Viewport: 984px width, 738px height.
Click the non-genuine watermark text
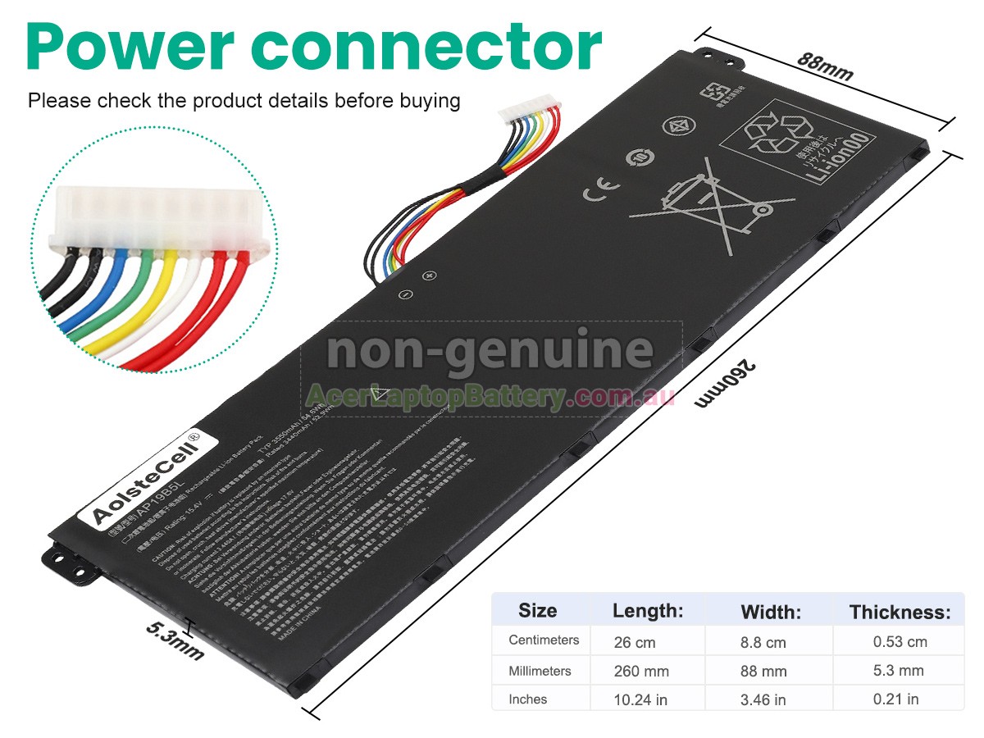490,351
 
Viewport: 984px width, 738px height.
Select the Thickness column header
900,612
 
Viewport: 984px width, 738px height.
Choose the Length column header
648,611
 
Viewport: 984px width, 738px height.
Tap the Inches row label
528,699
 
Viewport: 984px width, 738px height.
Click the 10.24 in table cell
640,699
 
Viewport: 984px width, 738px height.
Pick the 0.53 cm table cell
900,641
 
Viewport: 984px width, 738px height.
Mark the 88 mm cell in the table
763,671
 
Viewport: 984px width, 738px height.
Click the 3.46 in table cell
763,699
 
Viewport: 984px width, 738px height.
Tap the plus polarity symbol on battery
428,276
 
